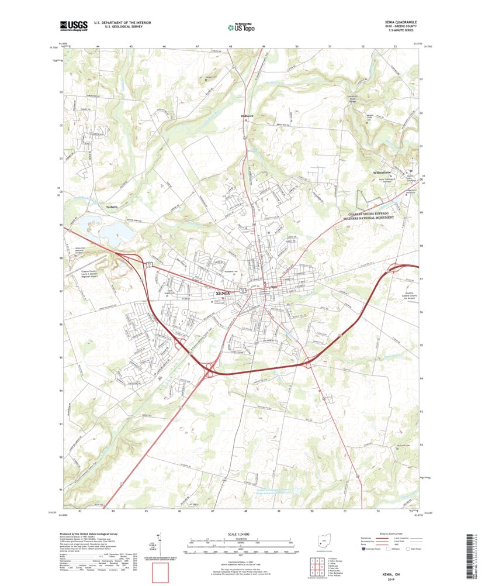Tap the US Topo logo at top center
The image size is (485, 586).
pos(241,26)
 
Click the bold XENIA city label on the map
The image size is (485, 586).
pos(223,293)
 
